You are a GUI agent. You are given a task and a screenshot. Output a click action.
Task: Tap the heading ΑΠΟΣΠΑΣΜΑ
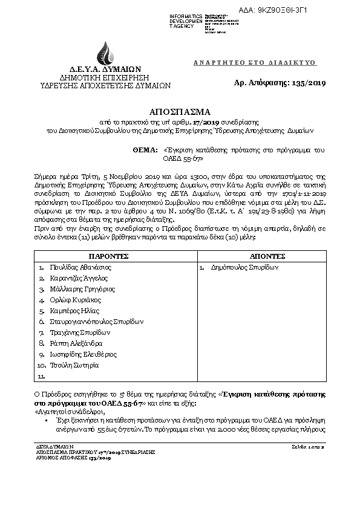pos(180,112)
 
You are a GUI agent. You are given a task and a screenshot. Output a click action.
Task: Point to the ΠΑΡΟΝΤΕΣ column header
pos(113,256)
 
